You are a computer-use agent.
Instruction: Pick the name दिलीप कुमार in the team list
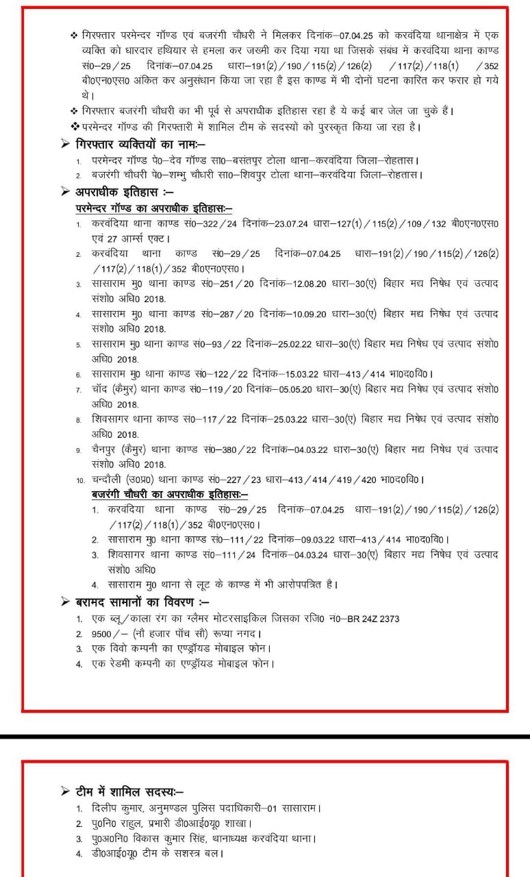[x=116, y=808]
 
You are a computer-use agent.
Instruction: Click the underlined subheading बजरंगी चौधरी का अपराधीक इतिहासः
[x=170, y=494]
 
